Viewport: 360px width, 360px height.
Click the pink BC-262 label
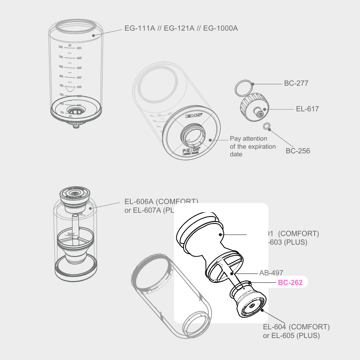point(290,283)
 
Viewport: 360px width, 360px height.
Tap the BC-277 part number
point(296,83)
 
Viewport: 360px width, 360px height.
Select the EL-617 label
point(307,109)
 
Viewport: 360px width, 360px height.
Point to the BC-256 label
point(298,151)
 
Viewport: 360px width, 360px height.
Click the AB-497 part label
point(271,273)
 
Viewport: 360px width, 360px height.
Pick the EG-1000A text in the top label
point(220,28)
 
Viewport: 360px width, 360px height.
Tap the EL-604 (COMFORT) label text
point(296,327)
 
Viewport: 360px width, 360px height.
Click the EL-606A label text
point(139,202)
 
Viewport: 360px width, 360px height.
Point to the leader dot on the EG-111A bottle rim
point(93,35)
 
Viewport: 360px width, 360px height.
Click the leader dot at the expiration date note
point(210,140)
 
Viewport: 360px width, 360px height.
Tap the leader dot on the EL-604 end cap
point(263,310)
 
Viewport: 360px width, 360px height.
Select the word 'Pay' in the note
point(235,139)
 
